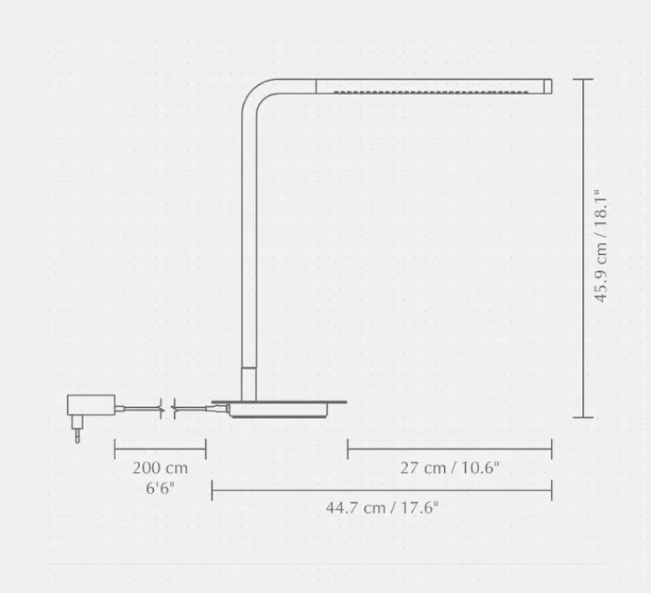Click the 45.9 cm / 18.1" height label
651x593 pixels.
[601, 246]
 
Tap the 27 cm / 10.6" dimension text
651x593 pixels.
[449, 468]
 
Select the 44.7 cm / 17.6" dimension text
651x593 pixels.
[383, 507]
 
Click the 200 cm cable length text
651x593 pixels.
[160, 468]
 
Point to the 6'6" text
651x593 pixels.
[160, 488]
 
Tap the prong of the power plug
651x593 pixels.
[77, 434]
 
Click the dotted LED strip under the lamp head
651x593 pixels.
[433, 93]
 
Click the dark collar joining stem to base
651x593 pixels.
[249, 382]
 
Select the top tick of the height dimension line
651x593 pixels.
[583, 80]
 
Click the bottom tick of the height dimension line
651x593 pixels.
[583, 416]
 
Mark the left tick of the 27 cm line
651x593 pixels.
[347, 448]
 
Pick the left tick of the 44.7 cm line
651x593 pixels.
[211, 489]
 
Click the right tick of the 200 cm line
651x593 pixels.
[205, 448]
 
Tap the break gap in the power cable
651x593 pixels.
[166, 409]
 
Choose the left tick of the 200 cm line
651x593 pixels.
[115, 448]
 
